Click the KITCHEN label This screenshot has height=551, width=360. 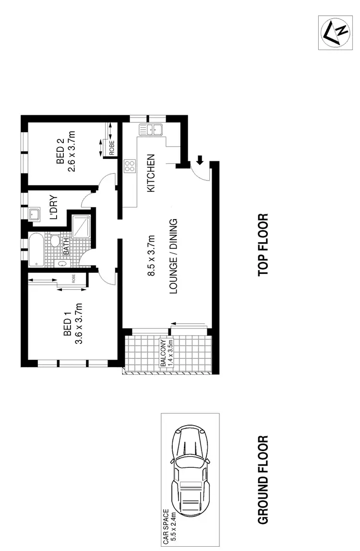point(151,173)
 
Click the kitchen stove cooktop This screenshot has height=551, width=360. point(130,166)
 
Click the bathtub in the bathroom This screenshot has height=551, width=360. point(36,250)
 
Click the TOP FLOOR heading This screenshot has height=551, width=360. point(263,245)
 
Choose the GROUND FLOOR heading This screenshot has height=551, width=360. point(263,480)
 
